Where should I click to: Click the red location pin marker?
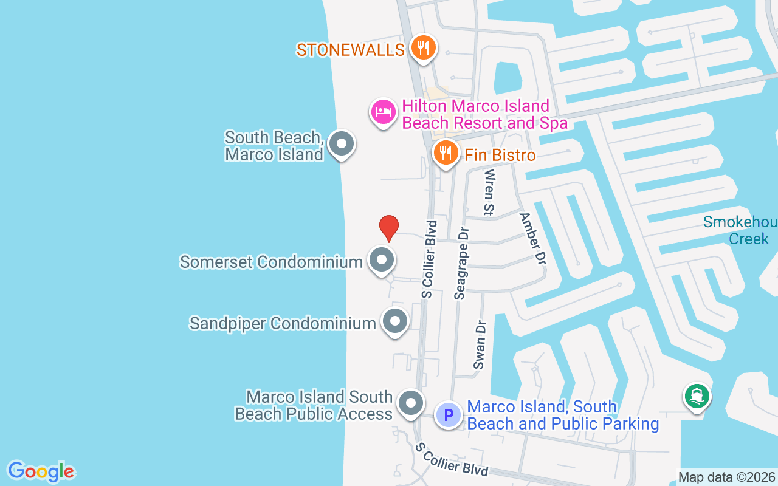pos(389,228)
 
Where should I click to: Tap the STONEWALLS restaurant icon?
pos(423,47)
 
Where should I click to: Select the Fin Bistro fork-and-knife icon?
pos(446,153)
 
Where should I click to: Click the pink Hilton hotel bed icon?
pos(384,112)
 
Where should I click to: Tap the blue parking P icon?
pos(449,416)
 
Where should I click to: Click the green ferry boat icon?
pos(697,396)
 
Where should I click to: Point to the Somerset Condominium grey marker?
pos(381,260)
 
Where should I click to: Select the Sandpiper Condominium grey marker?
pos(395,321)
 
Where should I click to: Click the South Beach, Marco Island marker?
pos(341,145)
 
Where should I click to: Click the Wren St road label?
pos(489,192)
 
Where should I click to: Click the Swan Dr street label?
pos(481,344)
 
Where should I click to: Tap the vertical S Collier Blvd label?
pos(429,259)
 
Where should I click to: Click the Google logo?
pos(41,471)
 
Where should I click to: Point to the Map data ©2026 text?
pos(726,477)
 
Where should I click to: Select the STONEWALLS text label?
pos(351,50)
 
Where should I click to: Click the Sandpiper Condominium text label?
pos(283,323)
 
